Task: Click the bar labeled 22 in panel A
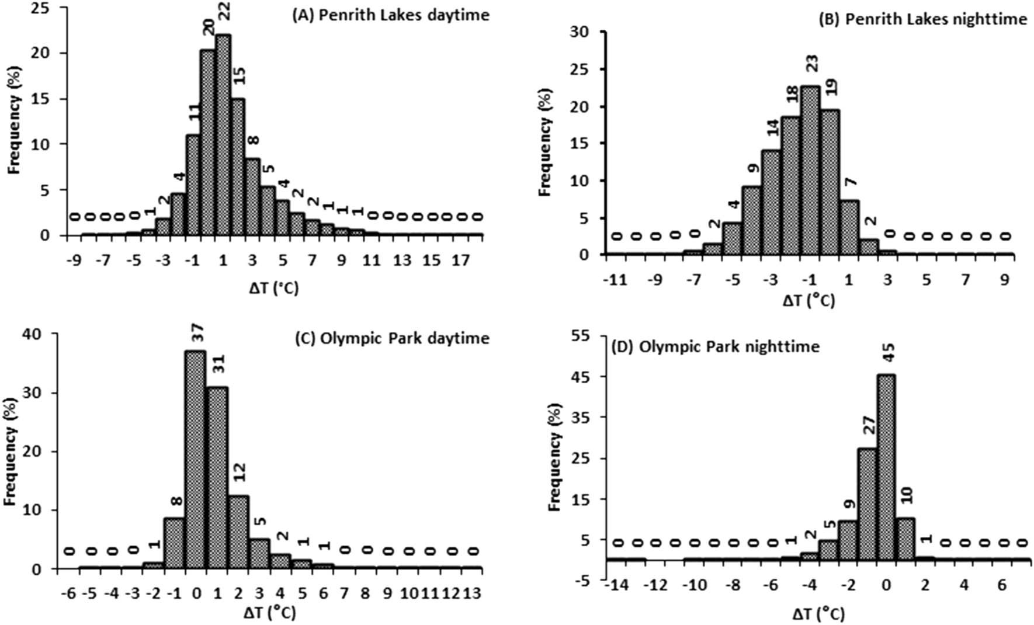(223, 134)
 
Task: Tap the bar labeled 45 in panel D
(886, 467)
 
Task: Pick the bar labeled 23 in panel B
(810, 169)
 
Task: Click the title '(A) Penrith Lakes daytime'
(390, 15)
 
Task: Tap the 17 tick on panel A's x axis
(462, 261)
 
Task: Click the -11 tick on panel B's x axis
(615, 281)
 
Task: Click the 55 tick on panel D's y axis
(588, 336)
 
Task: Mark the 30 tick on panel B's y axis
(587, 32)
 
